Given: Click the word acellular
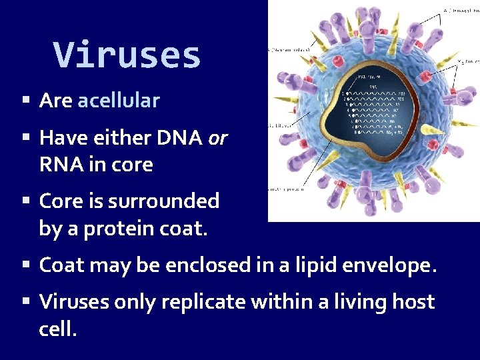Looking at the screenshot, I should pyautogui.click(x=119, y=101).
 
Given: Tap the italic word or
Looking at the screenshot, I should pyautogui.click(x=217, y=138).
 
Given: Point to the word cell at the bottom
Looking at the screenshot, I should pyautogui.click(x=57, y=328).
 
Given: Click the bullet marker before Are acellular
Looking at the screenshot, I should pyautogui.click(x=26, y=101).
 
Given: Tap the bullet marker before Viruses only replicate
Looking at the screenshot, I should pyautogui.click(x=26, y=303).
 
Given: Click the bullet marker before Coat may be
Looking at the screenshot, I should pyautogui.click(x=26, y=265).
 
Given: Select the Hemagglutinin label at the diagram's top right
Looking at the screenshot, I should pyautogui.click(x=459, y=10).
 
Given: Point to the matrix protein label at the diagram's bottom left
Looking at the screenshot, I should pyautogui.click(x=286, y=188).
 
